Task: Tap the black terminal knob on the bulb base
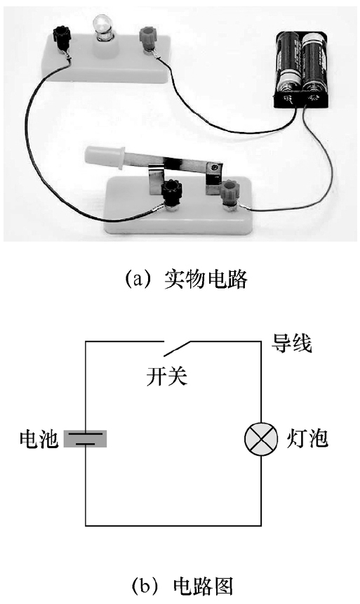(61, 34)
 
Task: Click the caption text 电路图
(203, 586)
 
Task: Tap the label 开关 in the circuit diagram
(167, 376)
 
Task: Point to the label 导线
(292, 342)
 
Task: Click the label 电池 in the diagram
(39, 438)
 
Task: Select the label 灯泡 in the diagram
(307, 438)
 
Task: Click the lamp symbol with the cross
(261, 439)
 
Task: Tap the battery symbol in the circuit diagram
(85, 439)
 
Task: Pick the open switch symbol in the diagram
(175, 348)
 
